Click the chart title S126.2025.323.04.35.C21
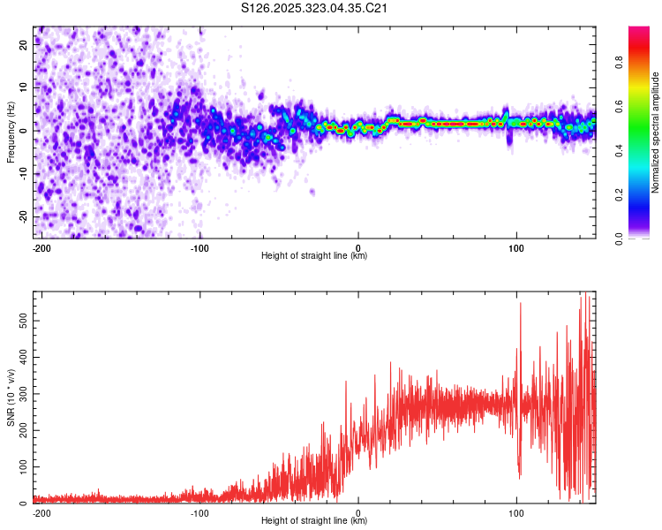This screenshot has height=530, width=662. pyautogui.click(x=315, y=9)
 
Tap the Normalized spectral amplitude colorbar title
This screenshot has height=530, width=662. pyautogui.click(x=656, y=132)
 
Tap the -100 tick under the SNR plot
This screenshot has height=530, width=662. pyautogui.click(x=199, y=511)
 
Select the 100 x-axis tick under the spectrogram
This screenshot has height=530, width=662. pyautogui.click(x=515, y=246)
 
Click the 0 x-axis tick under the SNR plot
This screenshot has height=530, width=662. pyautogui.click(x=358, y=511)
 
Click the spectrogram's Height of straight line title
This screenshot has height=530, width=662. pyautogui.click(x=314, y=256)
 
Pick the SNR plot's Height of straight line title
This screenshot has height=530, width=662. pyautogui.click(x=314, y=521)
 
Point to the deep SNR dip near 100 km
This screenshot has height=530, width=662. pyautogui.click(x=519, y=477)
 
